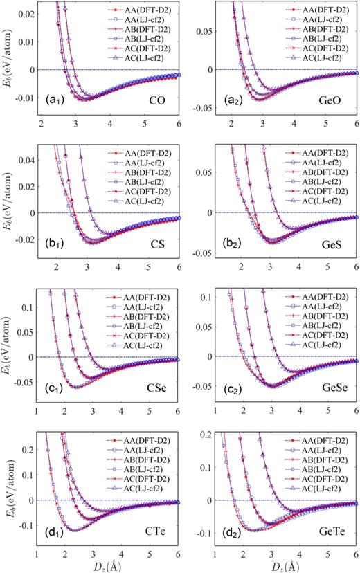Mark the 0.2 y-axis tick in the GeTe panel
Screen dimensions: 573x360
(205, 433)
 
